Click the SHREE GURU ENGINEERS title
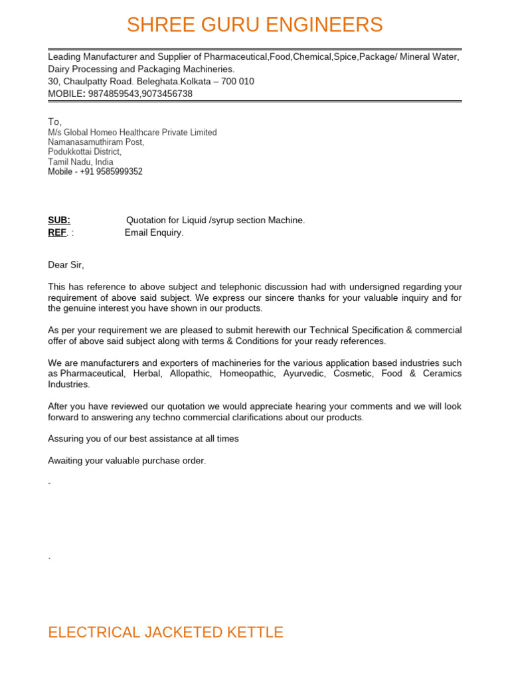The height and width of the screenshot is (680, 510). pos(254,25)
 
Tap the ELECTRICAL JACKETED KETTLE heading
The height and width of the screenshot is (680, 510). pos(165,632)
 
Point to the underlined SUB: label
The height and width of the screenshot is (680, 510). pos(59,220)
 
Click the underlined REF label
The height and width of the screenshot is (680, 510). pos(57,232)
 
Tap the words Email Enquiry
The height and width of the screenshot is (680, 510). pos(153,232)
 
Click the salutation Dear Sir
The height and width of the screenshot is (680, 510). pos(66,265)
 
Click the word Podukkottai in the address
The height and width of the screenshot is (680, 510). pos(68,152)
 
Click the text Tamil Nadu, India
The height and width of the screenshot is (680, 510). pos(80,162)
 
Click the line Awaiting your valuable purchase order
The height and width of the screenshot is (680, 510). pos(127,461)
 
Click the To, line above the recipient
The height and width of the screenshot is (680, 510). pos(54,122)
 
